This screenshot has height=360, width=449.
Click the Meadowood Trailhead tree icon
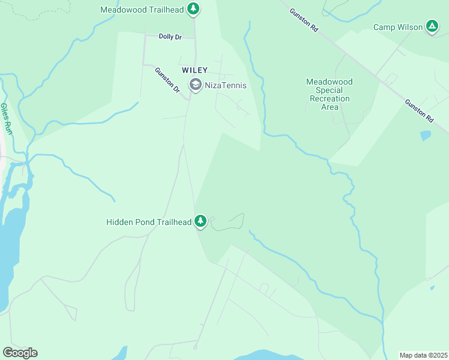pos(193,9)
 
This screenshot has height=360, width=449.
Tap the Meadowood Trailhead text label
pos(142,10)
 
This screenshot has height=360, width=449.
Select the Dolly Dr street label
pos(170,37)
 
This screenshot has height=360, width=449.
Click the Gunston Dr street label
pos(167,80)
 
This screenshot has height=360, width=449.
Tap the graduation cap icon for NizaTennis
pos(195,85)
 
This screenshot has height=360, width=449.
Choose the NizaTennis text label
pos(226,85)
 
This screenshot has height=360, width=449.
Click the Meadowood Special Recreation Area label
pos(330,94)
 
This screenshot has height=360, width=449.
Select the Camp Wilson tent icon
pos(432,26)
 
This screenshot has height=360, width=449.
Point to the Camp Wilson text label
pos(397,27)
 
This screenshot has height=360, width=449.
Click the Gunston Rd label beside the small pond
pos(419,111)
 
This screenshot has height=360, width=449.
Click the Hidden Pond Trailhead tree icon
pos(200,222)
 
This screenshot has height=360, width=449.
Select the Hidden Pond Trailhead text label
pos(149,222)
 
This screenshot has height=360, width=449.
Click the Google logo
pos(20,353)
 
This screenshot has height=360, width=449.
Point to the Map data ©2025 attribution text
pos(423,355)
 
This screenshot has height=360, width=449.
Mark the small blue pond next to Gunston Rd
pos(426,136)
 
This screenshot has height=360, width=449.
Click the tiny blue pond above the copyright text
pos(432,287)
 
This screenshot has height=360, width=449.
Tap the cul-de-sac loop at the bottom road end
pos(194,347)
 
